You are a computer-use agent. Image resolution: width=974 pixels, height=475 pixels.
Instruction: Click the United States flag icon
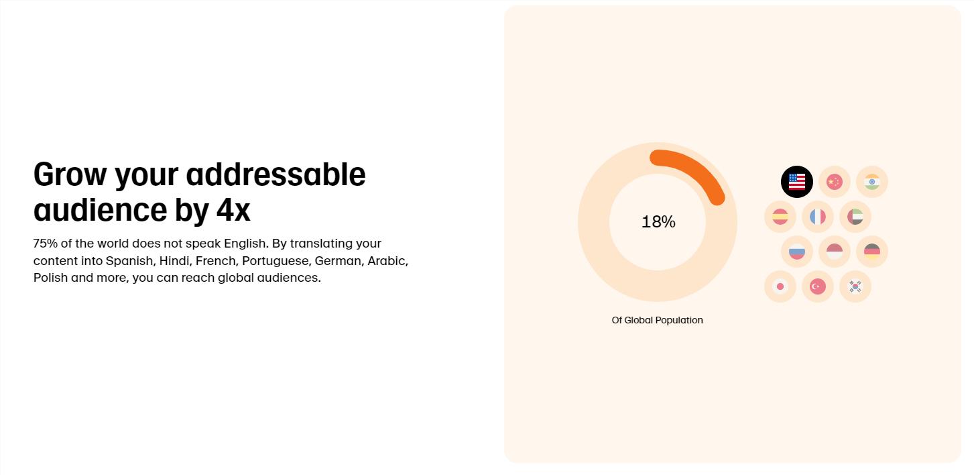point(796,182)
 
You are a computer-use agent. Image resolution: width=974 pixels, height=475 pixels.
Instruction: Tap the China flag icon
point(835,182)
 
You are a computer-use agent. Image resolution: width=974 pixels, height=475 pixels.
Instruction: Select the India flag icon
point(872,182)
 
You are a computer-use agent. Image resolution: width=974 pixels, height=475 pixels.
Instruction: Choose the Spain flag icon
point(780,217)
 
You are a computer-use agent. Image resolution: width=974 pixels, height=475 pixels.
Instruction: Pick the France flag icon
point(817,217)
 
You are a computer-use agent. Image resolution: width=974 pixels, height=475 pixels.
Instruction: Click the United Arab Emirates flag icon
point(855,217)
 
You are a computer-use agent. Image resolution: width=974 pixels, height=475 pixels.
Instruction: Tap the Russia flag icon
point(796,252)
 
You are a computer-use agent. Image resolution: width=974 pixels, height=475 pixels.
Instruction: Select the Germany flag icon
point(872,252)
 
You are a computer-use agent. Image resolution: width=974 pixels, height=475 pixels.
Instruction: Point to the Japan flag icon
point(780,286)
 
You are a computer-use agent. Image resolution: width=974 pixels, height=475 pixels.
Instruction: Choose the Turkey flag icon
point(817,286)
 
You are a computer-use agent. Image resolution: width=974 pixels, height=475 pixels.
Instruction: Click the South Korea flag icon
point(855,286)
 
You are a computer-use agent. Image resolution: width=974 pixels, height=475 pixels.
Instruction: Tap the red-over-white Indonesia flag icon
point(835,252)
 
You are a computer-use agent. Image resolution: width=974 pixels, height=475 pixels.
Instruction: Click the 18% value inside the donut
point(658,222)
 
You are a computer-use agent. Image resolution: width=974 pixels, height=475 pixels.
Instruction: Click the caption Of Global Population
point(657,320)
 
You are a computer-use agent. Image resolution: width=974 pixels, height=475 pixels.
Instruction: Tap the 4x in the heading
point(233,210)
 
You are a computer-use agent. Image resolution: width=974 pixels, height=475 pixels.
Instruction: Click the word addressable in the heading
point(276,174)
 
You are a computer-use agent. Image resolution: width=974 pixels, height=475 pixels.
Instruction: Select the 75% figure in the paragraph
point(45,244)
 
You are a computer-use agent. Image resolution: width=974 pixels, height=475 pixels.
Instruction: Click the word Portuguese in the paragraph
point(276,261)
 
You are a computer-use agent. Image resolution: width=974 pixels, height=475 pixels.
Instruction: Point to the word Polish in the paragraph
point(50,277)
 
